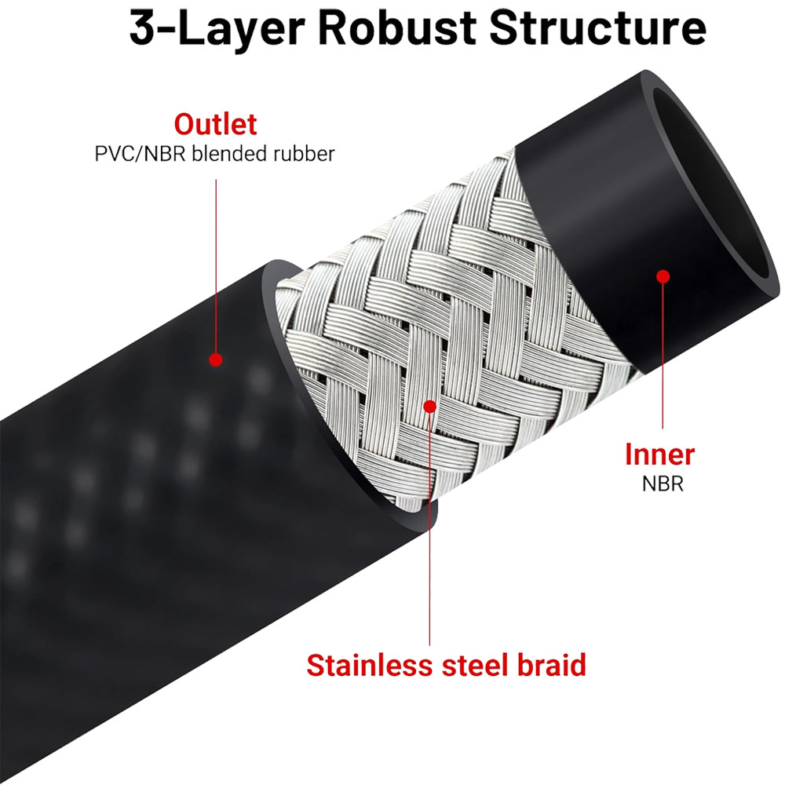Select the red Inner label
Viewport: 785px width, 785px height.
pyautogui.click(x=659, y=454)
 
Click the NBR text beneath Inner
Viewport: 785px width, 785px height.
pyautogui.click(x=663, y=484)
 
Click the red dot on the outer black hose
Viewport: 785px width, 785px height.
pyautogui.click(x=215, y=360)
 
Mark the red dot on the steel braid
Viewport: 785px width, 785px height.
pyautogui.click(x=429, y=406)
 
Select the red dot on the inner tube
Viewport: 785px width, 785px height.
pyautogui.click(x=663, y=276)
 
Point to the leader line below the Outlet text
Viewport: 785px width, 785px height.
pyautogui.click(x=215, y=259)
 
